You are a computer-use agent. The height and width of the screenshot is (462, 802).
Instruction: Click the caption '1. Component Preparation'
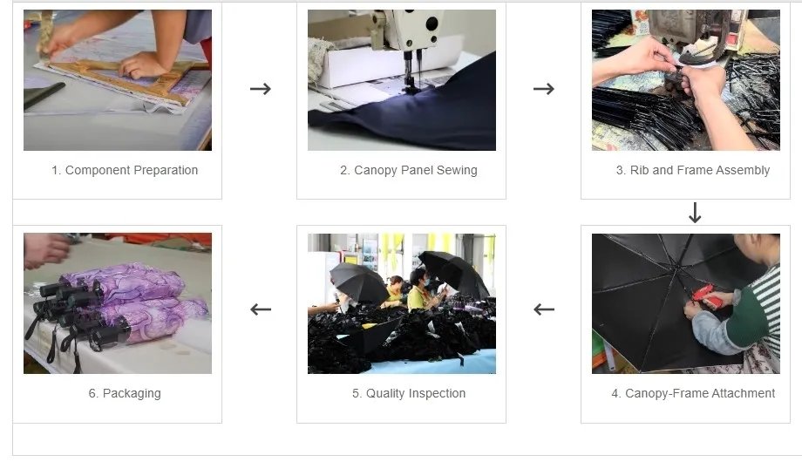coord(125,170)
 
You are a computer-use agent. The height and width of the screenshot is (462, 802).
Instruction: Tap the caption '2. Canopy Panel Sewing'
coord(409,170)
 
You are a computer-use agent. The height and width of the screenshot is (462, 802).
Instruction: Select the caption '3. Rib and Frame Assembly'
coord(693,170)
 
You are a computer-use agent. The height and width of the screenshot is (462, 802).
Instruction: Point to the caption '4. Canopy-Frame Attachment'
coord(693,393)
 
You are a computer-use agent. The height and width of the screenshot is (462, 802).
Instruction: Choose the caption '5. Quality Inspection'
coord(409,393)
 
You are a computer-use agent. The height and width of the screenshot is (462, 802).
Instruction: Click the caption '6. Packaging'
coord(125,393)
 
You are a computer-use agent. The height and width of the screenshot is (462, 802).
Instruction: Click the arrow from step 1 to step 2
coord(260,88)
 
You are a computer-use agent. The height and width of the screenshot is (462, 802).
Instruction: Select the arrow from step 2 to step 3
coord(544,88)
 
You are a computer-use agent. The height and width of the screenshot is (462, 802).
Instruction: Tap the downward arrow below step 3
coord(695,212)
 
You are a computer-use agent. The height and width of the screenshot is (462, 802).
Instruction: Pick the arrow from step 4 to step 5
coord(544,309)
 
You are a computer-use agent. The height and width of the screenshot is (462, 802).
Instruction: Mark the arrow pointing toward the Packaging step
coord(260,309)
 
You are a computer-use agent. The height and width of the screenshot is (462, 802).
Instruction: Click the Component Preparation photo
coord(118,80)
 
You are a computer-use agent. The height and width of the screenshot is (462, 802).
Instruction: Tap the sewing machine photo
coord(402,80)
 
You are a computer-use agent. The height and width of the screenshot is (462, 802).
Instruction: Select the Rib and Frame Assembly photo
coord(686,80)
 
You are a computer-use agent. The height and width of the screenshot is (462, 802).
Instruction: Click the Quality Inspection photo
coord(402,303)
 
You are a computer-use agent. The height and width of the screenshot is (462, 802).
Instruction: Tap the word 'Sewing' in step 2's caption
coord(455,170)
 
